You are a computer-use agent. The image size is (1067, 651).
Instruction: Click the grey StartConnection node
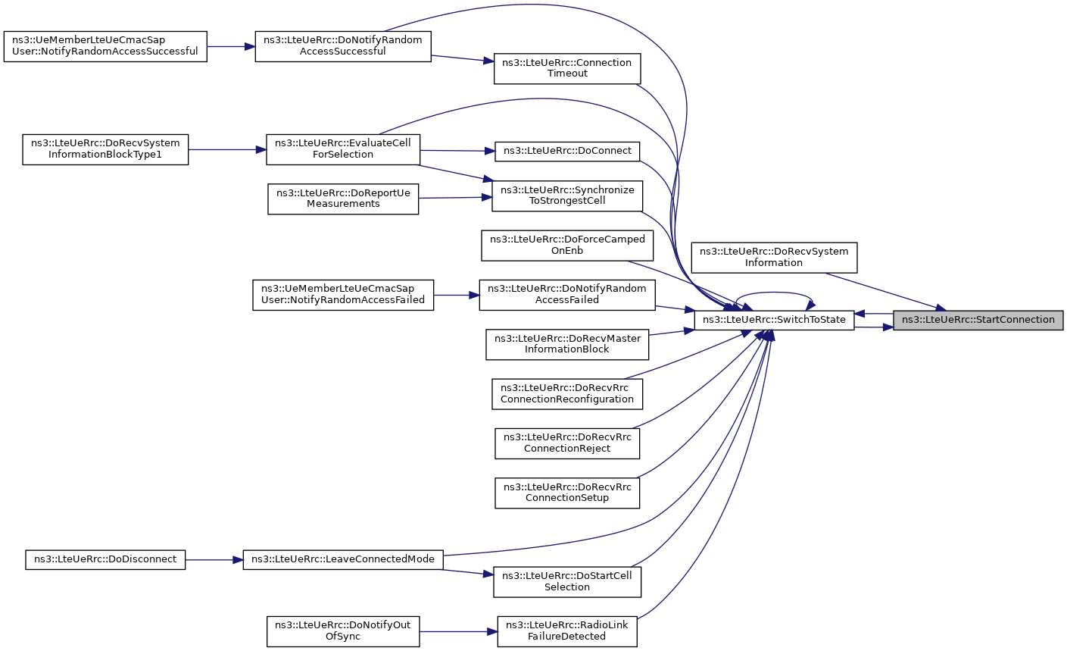[978, 320]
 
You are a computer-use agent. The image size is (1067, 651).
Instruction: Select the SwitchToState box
[774, 320]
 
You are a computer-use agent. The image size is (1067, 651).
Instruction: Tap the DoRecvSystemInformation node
[774, 258]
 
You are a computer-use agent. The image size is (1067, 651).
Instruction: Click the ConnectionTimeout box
[567, 69]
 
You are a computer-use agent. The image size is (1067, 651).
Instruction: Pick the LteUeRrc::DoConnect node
[567, 151]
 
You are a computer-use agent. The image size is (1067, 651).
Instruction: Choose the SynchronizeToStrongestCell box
[567, 196]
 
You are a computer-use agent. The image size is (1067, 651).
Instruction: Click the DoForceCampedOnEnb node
[567, 246]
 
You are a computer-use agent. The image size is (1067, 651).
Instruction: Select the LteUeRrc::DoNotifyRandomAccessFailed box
[567, 295]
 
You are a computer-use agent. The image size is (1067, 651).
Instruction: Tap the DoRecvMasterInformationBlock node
[567, 345]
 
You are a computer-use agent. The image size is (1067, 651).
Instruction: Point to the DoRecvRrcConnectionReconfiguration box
[567, 394]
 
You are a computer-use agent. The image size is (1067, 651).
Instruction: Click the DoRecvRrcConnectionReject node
[567, 443]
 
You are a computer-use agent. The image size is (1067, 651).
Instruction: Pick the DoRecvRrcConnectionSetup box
[567, 493]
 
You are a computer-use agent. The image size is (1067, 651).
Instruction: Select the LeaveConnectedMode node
[343, 559]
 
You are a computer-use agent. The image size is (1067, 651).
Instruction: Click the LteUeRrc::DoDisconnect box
[105, 559]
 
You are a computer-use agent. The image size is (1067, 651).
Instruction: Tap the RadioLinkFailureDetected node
[567, 631]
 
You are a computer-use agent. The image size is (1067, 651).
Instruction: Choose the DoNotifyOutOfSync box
[343, 631]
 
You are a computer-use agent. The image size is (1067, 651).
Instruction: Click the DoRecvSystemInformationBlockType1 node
[105, 149]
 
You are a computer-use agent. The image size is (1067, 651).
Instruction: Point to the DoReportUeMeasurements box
[343, 199]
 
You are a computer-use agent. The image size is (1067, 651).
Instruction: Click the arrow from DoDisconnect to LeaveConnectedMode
[214, 560]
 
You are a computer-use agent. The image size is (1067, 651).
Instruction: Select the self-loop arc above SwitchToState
[774, 292]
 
